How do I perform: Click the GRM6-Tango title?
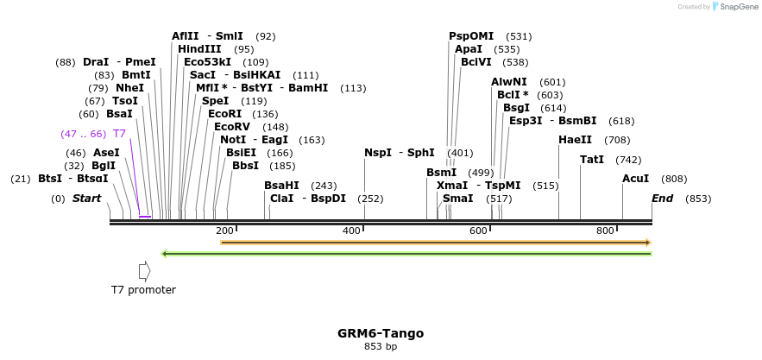381,333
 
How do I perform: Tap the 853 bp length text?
381,347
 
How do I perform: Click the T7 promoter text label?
143,290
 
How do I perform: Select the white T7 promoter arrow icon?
144,271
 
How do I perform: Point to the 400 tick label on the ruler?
351,231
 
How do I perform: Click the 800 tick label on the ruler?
605,231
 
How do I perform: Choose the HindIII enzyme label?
199,49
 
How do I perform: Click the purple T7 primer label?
119,134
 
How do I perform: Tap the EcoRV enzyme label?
234,127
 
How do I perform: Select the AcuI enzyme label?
635,179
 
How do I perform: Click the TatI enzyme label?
592,160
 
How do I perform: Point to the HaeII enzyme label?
575,140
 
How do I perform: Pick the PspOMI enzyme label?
471,36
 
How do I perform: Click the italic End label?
662,199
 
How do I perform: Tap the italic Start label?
86,199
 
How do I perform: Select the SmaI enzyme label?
457,199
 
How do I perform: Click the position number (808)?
674,179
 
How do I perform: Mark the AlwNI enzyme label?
509,82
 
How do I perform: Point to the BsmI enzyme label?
441,173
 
